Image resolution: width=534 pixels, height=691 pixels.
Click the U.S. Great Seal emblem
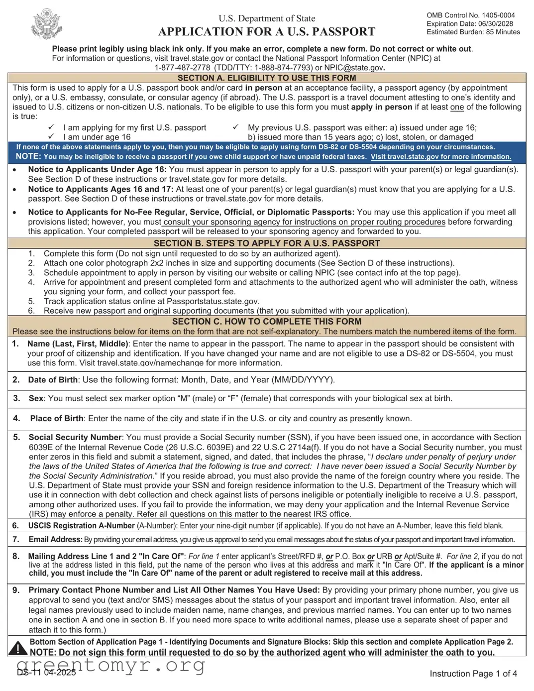click(47, 24)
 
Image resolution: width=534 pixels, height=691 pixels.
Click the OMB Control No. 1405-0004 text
click(470, 15)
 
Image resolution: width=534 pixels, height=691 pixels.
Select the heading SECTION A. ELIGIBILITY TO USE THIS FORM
click(267, 78)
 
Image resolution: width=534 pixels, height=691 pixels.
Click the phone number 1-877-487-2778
click(182, 68)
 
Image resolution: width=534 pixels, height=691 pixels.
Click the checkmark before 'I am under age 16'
click(51, 136)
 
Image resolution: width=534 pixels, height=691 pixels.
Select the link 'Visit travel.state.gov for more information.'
click(440, 156)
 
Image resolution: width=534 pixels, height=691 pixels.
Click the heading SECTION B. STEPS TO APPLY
click(267, 243)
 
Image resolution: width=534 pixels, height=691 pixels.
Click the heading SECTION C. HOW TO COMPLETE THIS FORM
click(267, 322)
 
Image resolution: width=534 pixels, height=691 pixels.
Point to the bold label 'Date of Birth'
click(53, 380)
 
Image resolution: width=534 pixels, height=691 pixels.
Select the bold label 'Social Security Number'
click(75, 437)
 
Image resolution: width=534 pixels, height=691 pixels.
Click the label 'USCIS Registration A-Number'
click(82, 526)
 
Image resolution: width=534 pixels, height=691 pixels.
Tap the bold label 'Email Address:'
click(55, 540)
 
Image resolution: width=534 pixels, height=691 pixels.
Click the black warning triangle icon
click(18, 648)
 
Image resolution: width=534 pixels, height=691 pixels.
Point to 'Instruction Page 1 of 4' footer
click(473, 674)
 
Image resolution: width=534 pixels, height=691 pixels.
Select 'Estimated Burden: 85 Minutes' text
click(473, 32)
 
